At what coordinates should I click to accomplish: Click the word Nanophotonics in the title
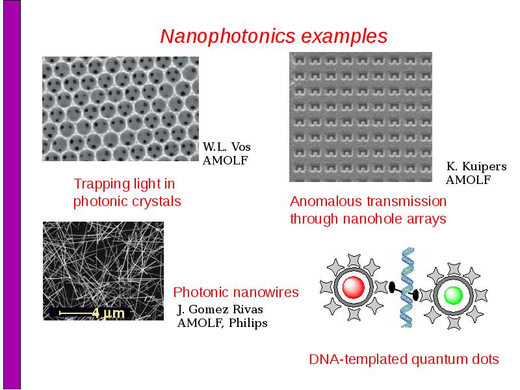[227, 36]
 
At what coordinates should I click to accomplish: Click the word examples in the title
[344, 36]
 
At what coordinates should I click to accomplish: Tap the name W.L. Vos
[226, 147]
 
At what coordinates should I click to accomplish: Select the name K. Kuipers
[476, 166]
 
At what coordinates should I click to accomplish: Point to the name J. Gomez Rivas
[220, 309]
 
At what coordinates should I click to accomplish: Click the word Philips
[248, 323]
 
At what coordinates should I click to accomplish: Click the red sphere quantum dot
[353, 287]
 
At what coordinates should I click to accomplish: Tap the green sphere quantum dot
[453, 295]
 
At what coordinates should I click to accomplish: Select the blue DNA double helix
[408, 287]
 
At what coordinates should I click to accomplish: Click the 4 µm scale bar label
[108, 313]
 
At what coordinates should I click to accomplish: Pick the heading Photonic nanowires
[236, 292]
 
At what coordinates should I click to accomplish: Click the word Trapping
[101, 184]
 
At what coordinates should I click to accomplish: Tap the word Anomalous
[320, 201]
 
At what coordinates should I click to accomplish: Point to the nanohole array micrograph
[361, 117]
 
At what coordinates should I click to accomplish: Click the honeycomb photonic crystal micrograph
[120, 109]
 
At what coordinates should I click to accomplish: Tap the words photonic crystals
[127, 201]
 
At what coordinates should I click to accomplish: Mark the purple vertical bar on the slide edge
[12, 195]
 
